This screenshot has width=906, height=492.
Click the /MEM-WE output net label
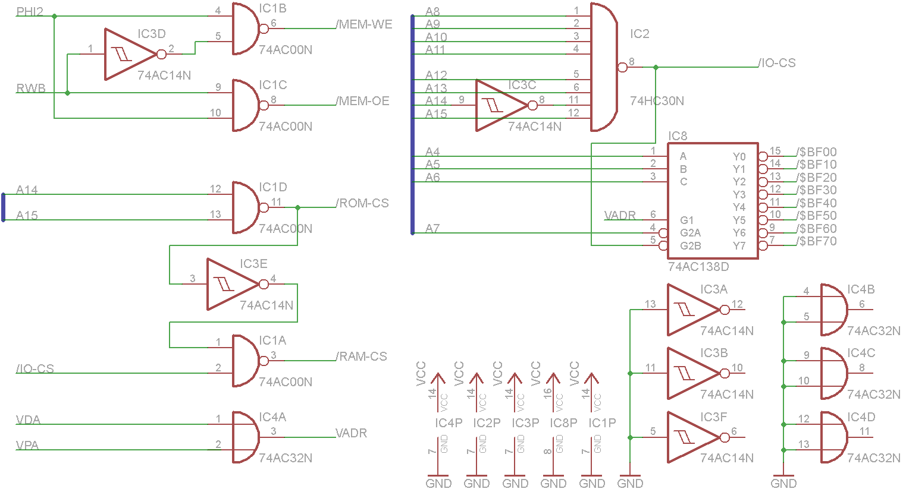[364, 24]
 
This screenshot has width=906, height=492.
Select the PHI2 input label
[30, 12]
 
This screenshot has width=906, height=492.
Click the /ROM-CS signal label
[362, 203]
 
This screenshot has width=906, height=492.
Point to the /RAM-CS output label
[362, 357]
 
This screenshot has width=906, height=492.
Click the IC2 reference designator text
[639, 33]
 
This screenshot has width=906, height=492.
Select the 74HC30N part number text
[657, 100]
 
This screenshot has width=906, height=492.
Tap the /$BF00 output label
[816, 152]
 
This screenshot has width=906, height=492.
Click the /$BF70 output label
[816, 241]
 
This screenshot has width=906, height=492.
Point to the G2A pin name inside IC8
[690, 233]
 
